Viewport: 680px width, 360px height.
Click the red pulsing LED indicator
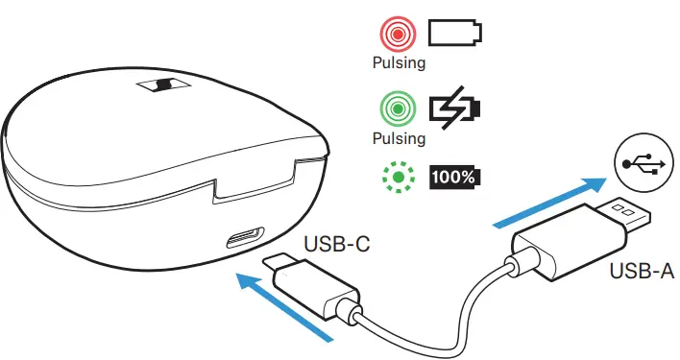[396, 35]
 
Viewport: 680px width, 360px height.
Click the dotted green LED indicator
[396, 177]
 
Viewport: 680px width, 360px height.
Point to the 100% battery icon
[455, 177]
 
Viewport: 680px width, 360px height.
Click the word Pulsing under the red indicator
[398, 63]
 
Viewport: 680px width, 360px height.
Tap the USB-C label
[336, 246]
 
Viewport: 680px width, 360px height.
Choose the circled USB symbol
[637, 164]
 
